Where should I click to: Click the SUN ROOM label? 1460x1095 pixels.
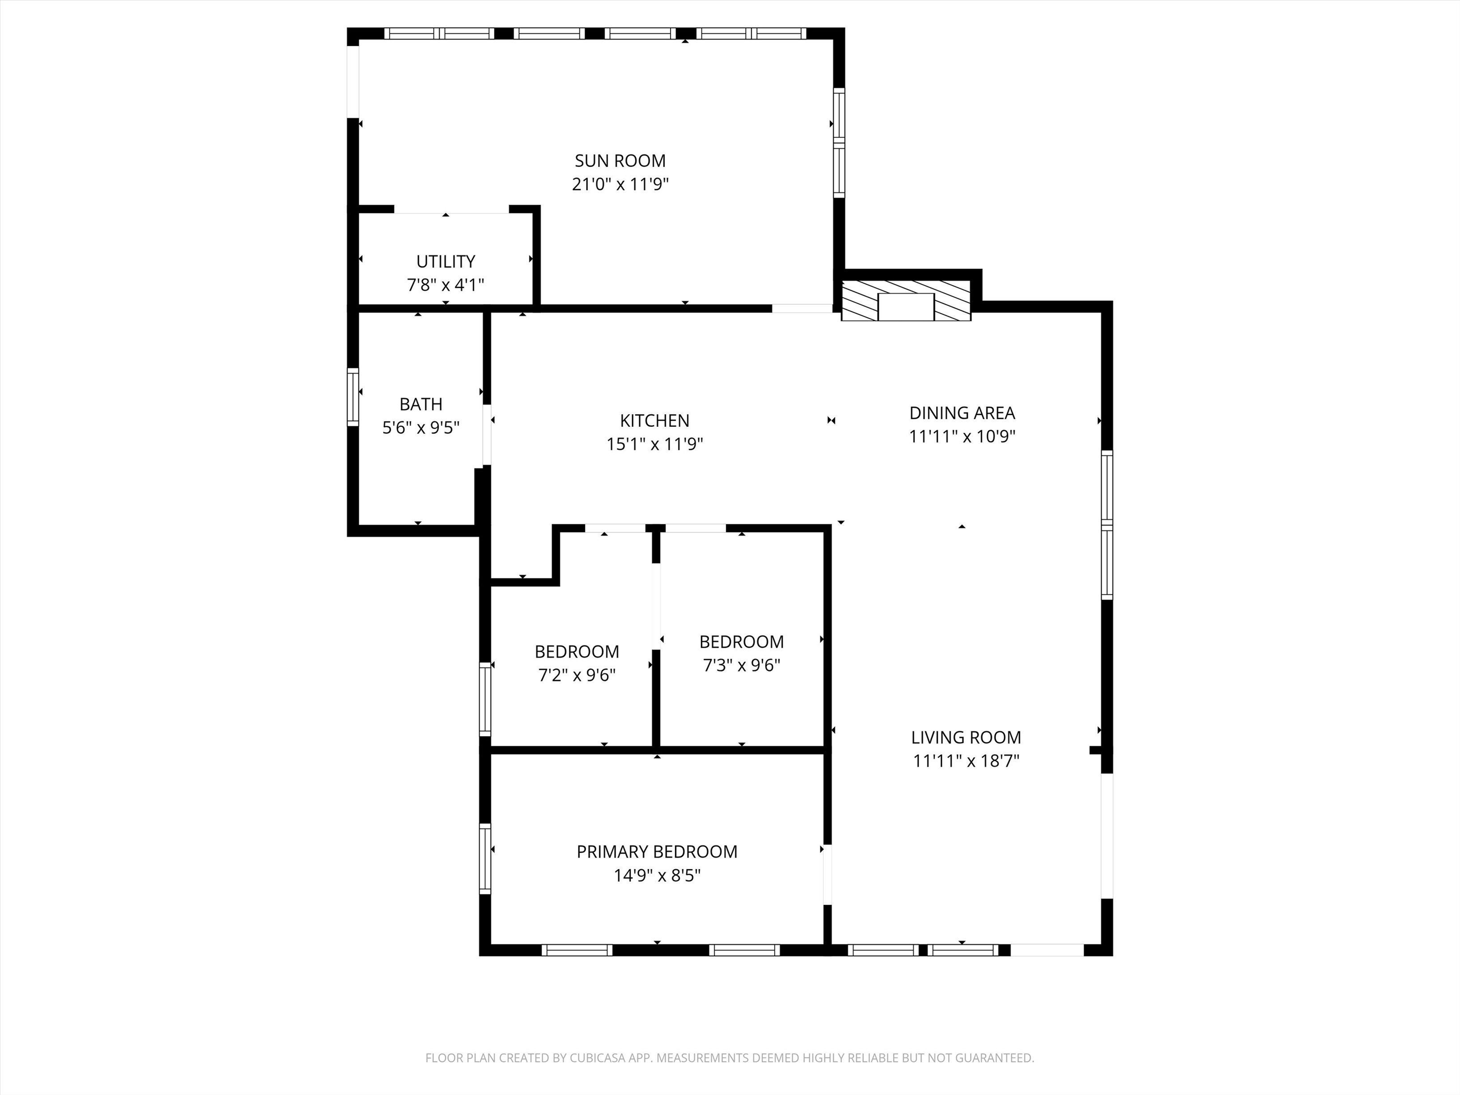620,160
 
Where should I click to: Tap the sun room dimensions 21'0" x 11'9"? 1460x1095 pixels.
620,184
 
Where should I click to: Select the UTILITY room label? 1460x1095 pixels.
445,261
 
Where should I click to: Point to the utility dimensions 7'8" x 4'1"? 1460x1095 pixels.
445,285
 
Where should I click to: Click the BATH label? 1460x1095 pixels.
421,404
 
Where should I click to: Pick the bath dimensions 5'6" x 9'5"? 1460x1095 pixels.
421,428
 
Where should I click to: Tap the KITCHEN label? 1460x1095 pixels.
655,421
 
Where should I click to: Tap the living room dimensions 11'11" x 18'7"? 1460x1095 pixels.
966,761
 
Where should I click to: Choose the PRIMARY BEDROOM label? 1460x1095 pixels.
657,852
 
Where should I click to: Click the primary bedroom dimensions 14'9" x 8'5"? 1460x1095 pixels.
657,875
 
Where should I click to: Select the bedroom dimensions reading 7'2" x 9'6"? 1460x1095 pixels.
577,675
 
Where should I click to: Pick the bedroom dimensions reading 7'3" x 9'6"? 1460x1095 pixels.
742,665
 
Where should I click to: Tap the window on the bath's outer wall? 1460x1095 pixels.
353,397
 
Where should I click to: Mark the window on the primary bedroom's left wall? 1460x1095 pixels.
485,859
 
